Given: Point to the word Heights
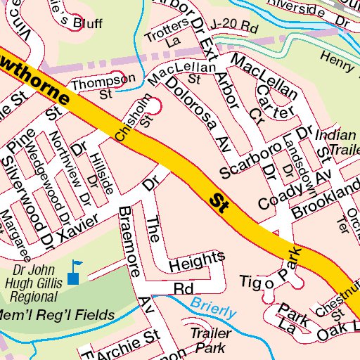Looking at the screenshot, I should click(197, 261).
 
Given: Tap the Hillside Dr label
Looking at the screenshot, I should click(103, 173).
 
